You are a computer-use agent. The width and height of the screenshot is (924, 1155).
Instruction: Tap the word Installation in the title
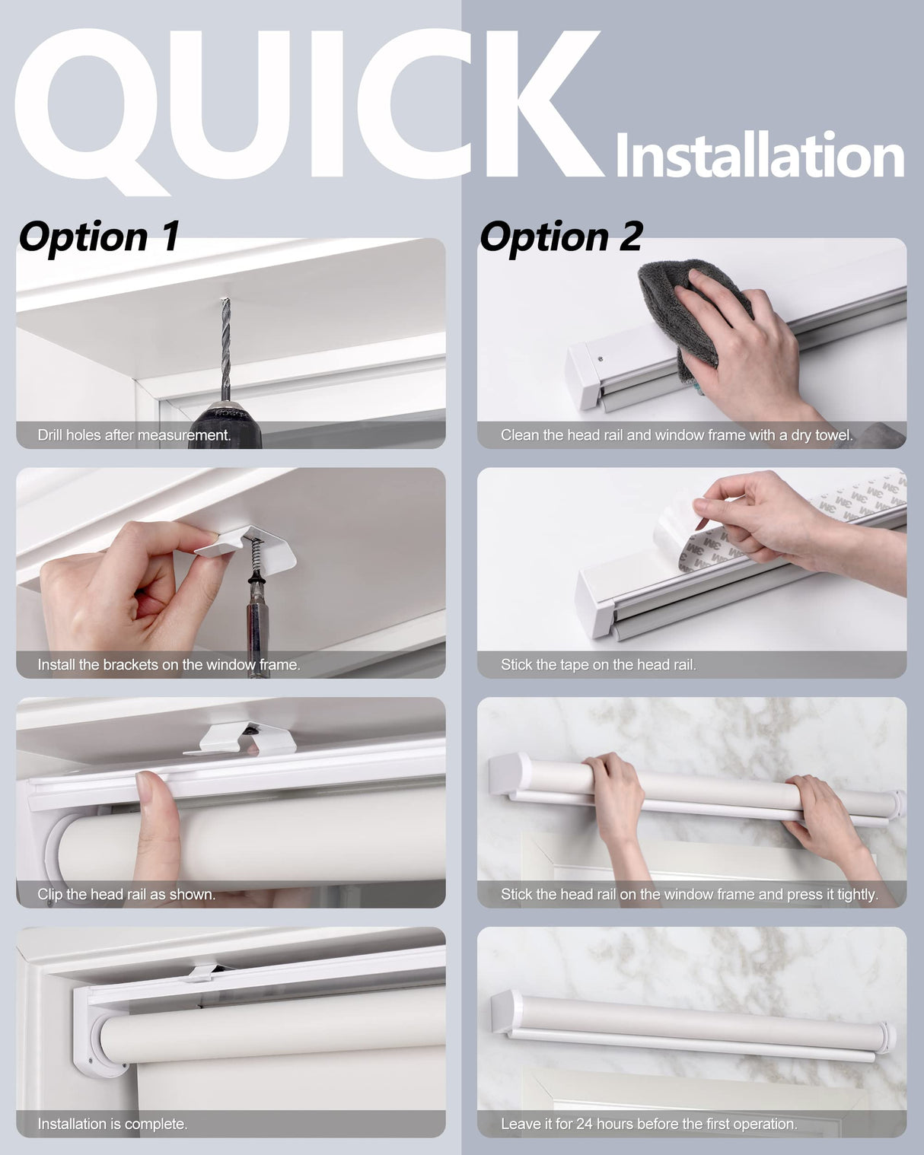pyautogui.click(x=759, y=156)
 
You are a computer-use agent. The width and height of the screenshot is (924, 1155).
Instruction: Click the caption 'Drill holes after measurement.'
pyautogui.click(x=134, y=435)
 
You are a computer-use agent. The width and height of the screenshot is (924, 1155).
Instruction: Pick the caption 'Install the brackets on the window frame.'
pyautogui.click(x=169, y=665)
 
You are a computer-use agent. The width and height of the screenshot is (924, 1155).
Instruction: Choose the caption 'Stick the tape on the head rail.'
pyautogui.click(x=598, y=665)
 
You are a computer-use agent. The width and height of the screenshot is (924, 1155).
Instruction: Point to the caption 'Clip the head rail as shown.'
pyautogui.click(x=126, y=895)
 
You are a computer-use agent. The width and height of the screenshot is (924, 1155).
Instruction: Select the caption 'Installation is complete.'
pyautogui.click(x=113, y=1124)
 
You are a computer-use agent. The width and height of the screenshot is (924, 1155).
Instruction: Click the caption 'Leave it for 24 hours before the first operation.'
pyautogui.click(x=648, y=1124)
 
